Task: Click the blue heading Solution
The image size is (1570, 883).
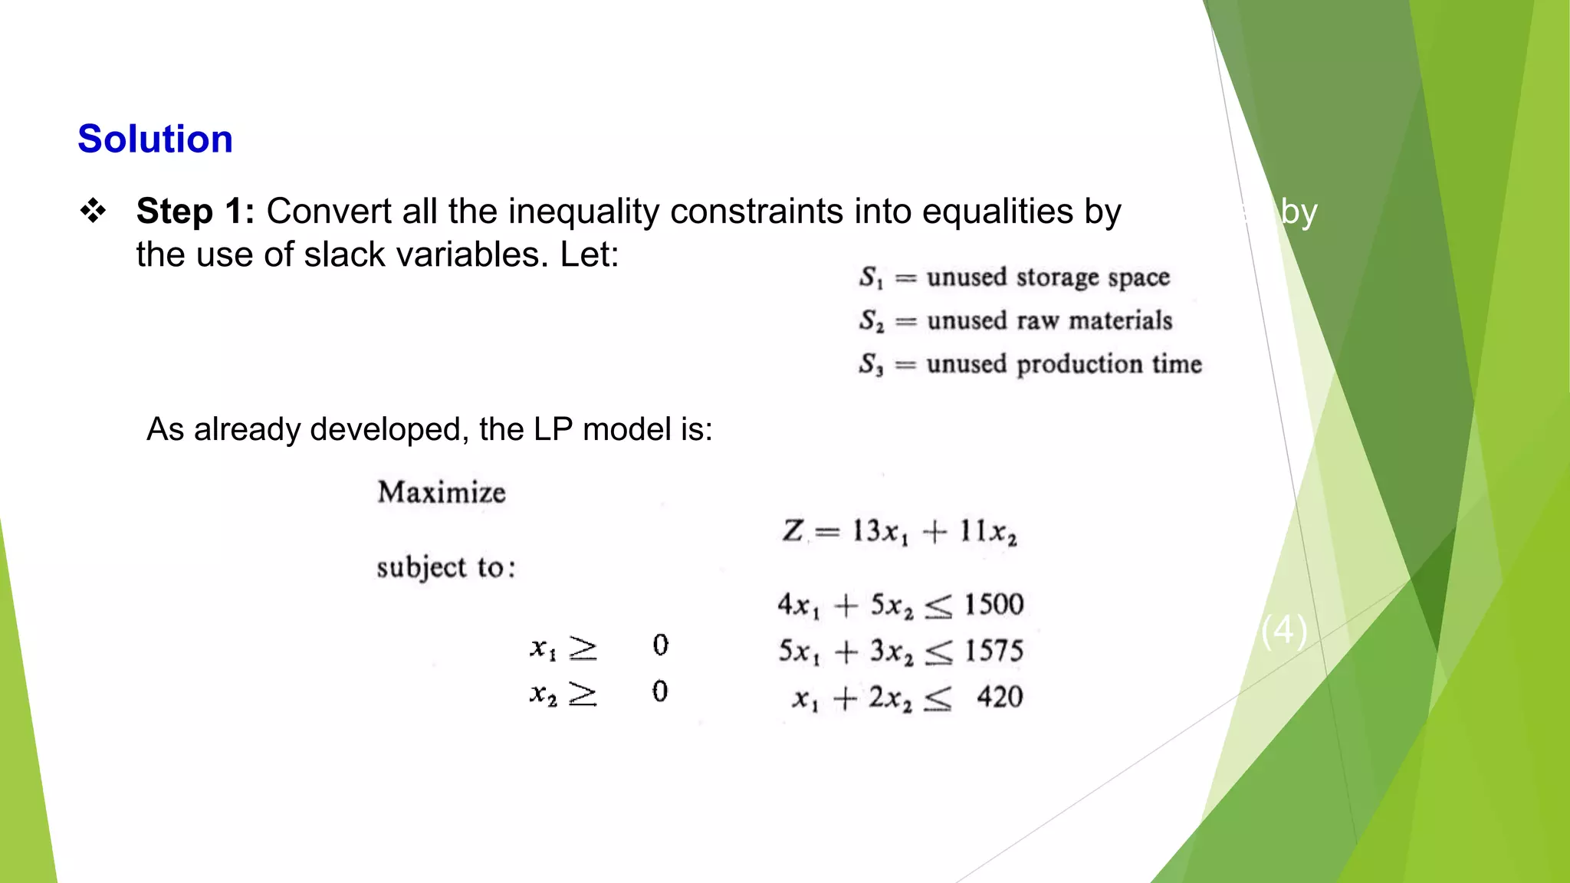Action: (155, 140)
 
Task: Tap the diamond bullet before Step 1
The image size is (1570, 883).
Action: (94, 211)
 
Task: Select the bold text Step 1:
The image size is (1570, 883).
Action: (195, 212)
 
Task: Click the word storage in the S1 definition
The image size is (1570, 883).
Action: (1060, 277)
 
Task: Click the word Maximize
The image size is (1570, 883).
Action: (442, 492)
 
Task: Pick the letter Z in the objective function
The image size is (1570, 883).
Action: (793, 530)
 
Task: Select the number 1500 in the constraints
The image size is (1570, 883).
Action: (994, 605)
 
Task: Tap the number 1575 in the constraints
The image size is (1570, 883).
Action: (994, 651)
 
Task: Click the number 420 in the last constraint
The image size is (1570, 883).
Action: (1000, 697)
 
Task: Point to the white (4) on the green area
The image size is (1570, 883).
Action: (1284, 630)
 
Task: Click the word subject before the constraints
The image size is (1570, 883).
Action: (422, 568)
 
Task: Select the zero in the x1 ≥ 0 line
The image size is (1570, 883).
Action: (660, 645)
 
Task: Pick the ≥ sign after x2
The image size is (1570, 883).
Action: (583, 694)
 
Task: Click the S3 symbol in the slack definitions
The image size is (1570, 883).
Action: (871, 364)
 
